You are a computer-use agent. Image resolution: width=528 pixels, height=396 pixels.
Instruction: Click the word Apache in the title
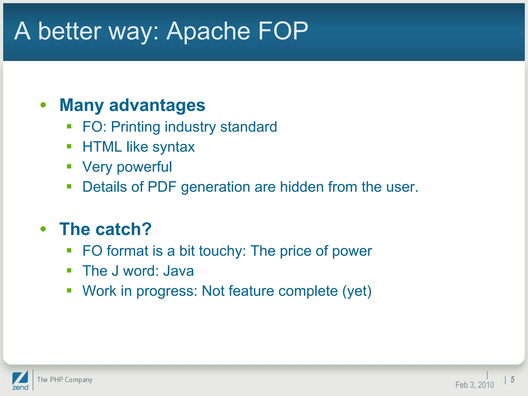(208, 31)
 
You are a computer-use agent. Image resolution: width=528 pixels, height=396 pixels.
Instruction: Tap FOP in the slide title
(283, 31)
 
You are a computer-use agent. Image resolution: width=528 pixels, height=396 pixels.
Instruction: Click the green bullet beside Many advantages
(43, 105)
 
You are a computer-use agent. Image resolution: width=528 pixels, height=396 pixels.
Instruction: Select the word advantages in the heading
(157, 105)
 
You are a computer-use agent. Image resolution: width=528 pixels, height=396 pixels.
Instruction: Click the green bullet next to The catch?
(43, 229)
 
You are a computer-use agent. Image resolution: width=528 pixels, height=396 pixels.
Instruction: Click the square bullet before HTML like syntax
(69, 146)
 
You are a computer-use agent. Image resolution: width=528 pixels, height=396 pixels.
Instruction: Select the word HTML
(102, 147)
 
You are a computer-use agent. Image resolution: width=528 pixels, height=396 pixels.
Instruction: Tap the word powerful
(144, 167)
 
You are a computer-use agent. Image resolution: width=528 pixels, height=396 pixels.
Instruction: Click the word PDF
(162, 187)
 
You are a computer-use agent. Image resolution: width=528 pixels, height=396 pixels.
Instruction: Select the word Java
(178, 271)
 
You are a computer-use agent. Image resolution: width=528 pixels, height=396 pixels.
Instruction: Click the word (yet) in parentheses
(357, 291)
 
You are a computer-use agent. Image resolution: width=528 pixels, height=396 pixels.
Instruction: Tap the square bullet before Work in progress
(69, 291)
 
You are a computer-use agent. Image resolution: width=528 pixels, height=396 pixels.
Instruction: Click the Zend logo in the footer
(20, 381)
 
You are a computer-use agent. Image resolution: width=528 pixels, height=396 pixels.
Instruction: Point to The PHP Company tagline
(64, 380)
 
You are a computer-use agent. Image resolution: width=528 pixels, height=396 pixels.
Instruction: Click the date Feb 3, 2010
(474, 385)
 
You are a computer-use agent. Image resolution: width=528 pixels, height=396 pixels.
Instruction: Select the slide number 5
(513, 379)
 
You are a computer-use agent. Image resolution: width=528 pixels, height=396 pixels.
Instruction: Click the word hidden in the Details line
(302, 187)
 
